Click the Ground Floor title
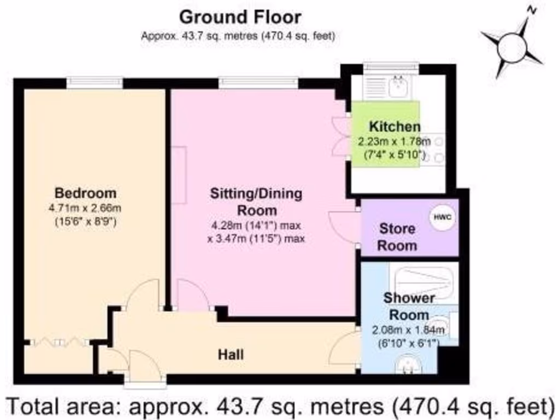coord(240,17)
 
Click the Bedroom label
coord(85,193)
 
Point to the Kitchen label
coord(394,127)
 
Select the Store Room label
coord(397,237)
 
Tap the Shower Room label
coord(409,306)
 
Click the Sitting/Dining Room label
coord(256,202)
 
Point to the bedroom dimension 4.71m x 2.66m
coord(85,208)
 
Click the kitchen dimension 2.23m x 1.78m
coord(394,142)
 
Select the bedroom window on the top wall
coord(95,83)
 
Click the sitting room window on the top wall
coord(258,83)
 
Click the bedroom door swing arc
coord(143,295)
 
